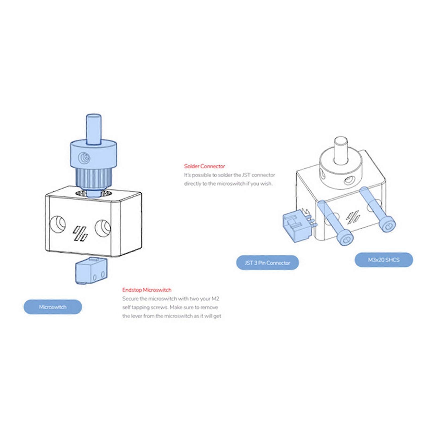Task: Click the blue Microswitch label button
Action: click(53, 307)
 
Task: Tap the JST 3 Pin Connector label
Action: click(267, 263)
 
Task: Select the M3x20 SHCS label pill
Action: click(384, 260)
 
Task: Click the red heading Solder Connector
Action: click(205, 166)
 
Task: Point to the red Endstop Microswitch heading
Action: click(147, 290)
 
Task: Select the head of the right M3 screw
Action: click(387, 225)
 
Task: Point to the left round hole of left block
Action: click(58, 224)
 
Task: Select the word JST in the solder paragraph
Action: click(246, 175)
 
